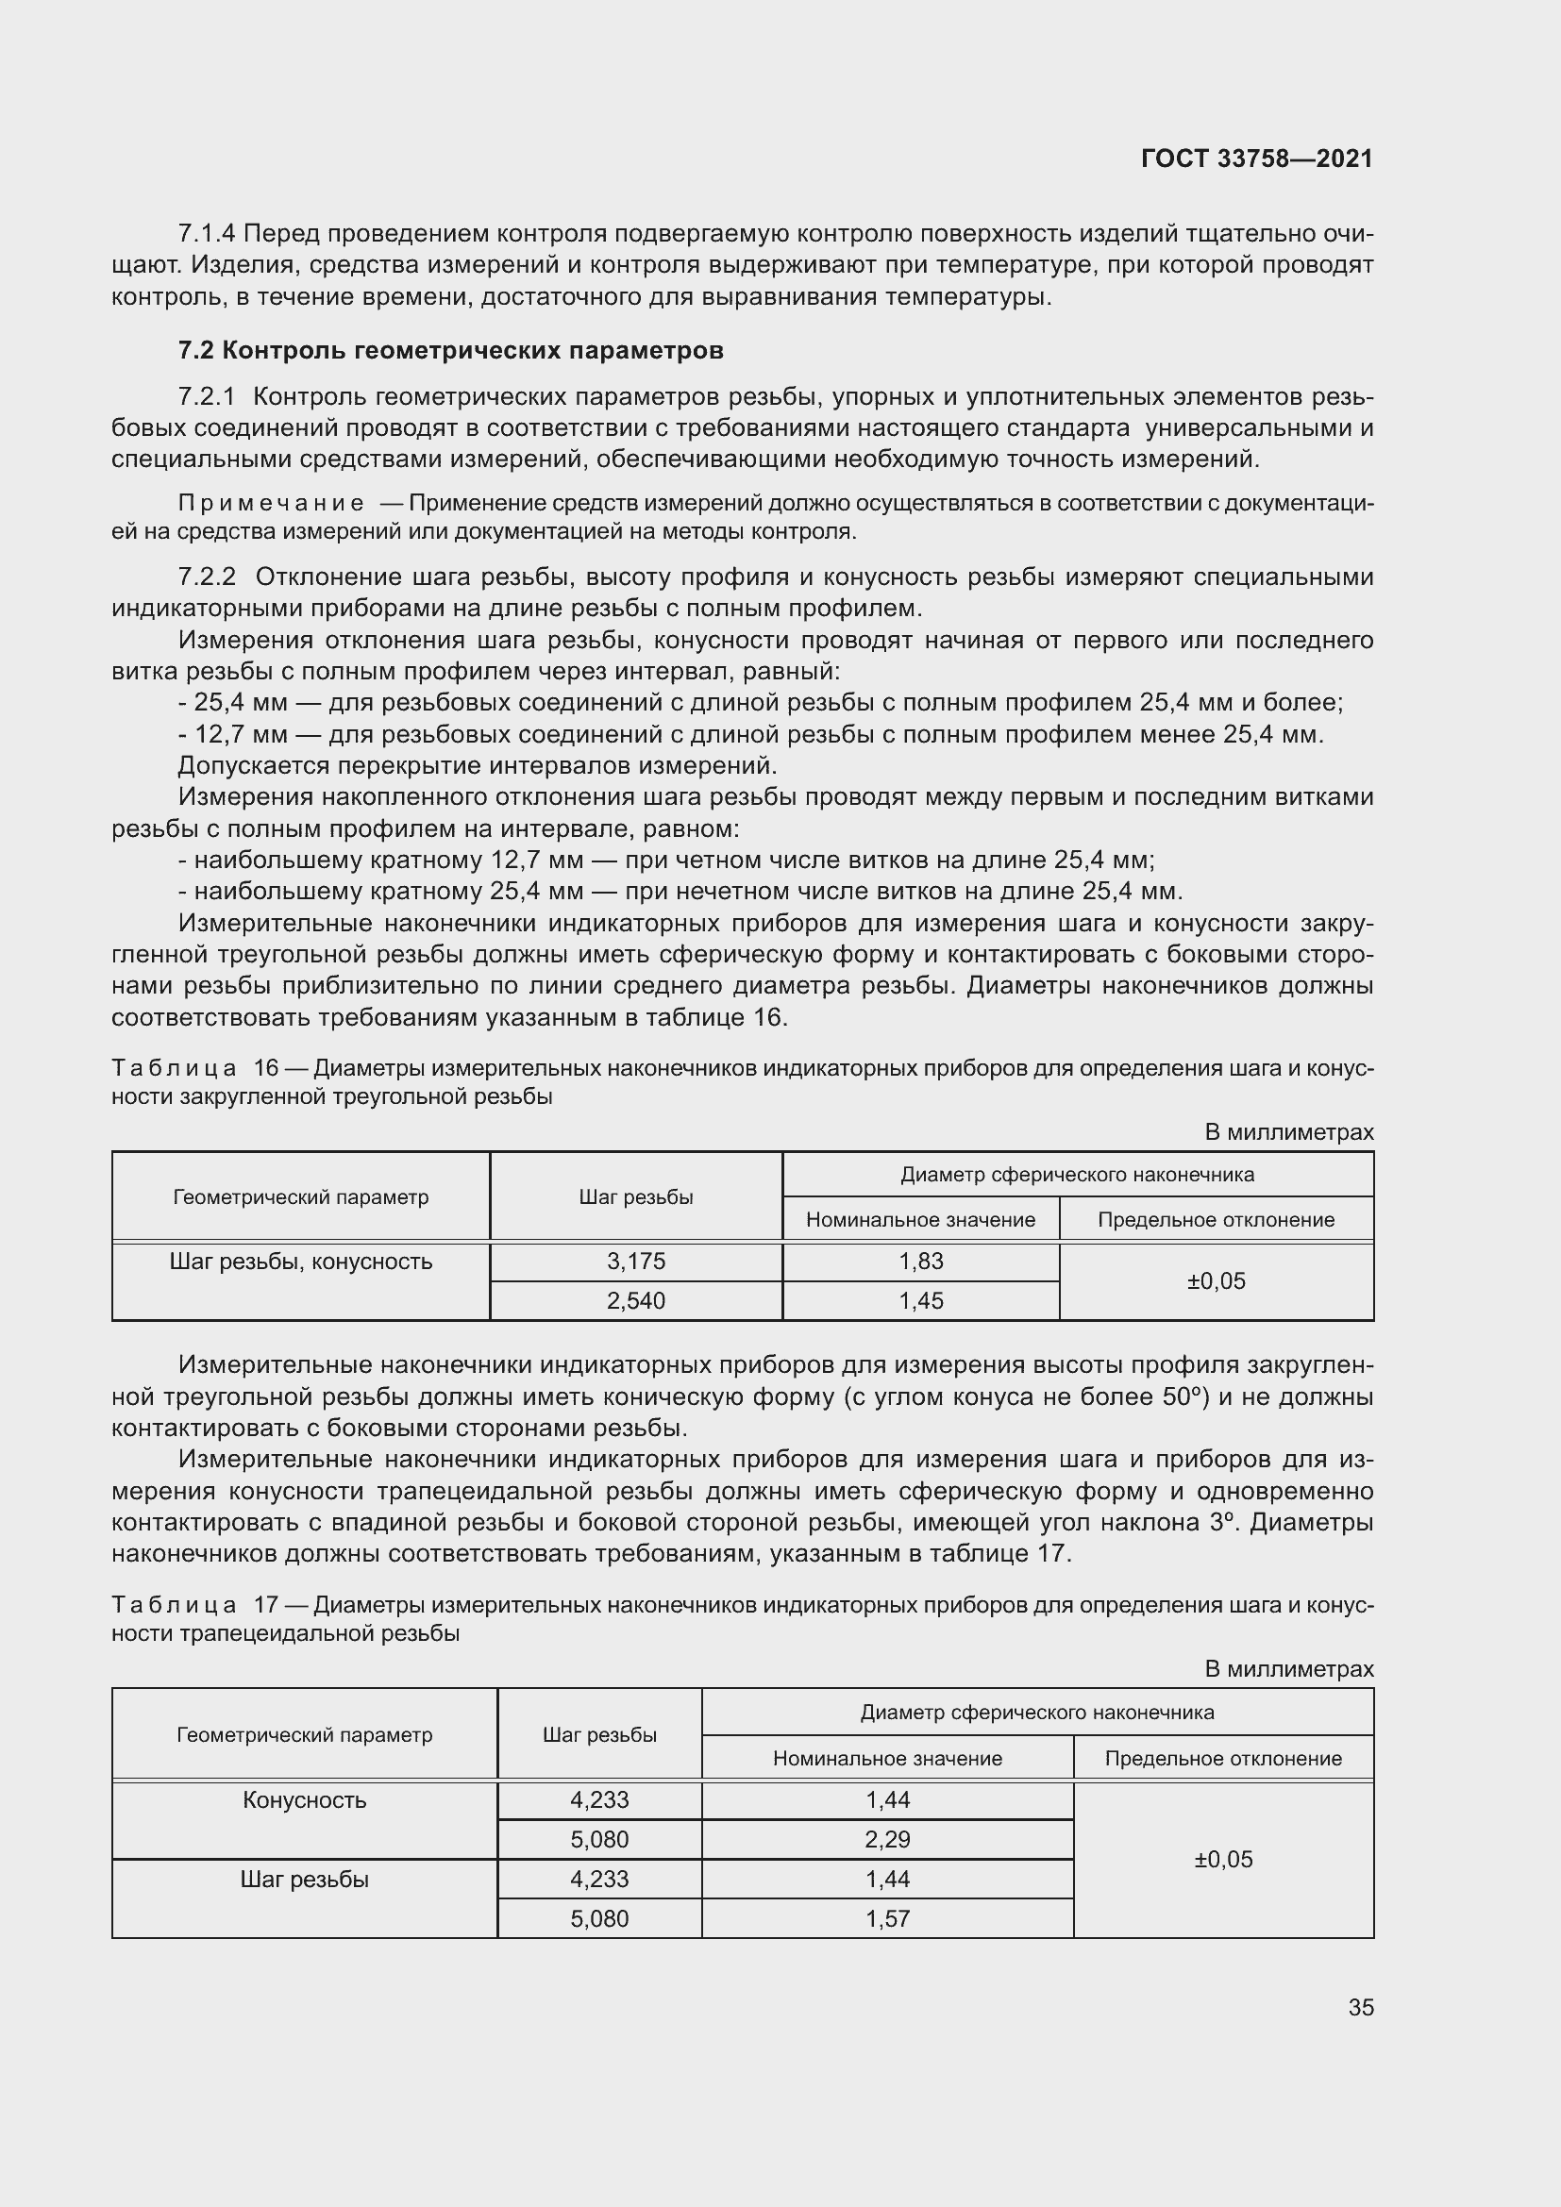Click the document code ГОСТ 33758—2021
(x=1256, y=159)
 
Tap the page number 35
(x=1360, y=2007)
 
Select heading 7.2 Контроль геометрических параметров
(x=450, y=350)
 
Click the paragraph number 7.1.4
(x=207, y=234)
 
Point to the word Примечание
(x=271, y=504)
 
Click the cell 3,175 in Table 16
(x=635, y=1262)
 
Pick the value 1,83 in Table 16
(x=920, y=1262)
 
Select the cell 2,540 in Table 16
(x=635, y=1300)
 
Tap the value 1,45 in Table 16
(x=920, y=1300)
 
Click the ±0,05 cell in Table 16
(x=1216, y=1280)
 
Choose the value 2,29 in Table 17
(x=886, y=1839)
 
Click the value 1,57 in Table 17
(x=886, y=1918)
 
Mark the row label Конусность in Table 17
(x=304, y=1799)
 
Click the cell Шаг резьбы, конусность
(x=300, y=1262)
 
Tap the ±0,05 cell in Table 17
(x=1222, y=1859)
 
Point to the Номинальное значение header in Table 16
(x=920, y=1220)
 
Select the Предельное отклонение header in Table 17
(x=1222, y=1758)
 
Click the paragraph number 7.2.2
(x=207, y=577)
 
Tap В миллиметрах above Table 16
(x=1289, y=1132)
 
